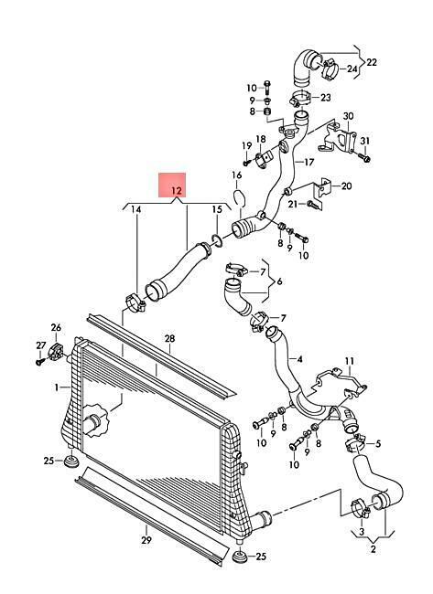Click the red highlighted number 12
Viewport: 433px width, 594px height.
177,191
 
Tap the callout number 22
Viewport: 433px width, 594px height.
372,62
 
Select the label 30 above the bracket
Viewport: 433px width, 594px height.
348,116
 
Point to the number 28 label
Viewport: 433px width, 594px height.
169,338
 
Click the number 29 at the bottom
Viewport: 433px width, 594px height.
146,540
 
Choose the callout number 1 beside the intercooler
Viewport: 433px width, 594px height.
57,387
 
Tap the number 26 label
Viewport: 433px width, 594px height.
56,327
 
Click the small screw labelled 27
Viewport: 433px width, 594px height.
40,362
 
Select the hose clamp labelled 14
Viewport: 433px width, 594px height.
135,303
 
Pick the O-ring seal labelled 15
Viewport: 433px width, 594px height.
217,239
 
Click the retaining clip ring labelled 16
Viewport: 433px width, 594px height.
239,198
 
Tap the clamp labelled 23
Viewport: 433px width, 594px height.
300,100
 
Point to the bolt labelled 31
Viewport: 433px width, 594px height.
364,157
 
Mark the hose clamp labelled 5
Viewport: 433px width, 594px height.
355,443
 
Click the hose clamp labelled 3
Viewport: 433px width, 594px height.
361,509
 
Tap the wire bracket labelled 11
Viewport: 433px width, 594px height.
340,382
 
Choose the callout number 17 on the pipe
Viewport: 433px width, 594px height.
309,162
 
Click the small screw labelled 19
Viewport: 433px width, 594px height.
247,162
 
